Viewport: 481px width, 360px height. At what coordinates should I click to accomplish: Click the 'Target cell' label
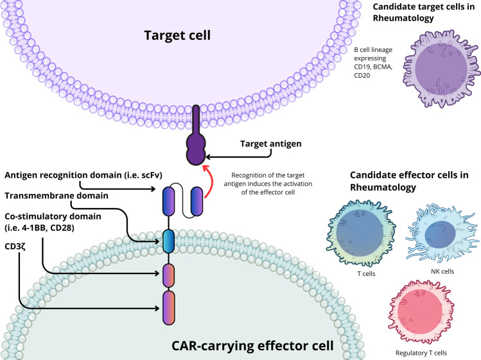177,35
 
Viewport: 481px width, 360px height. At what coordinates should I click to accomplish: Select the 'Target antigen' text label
270,144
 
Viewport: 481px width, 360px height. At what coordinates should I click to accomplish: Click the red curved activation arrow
209,180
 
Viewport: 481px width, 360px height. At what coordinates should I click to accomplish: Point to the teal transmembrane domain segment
168,241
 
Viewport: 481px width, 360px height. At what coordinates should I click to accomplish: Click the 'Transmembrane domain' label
57,196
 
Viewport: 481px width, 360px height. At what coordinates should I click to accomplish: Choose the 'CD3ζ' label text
15,246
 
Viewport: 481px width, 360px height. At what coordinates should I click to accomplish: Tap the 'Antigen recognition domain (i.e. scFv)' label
83,175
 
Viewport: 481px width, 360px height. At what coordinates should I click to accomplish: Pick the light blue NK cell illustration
442,233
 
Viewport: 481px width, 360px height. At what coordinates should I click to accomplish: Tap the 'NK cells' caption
442,271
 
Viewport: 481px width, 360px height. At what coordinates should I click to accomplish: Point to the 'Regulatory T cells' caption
421,353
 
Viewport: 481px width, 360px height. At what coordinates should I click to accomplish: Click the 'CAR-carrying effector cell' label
252,346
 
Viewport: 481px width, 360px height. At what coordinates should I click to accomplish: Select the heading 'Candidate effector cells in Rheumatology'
409,181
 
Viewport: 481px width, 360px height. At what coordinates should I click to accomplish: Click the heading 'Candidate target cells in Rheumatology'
424,12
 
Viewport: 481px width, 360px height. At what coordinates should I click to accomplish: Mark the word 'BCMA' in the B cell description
383,67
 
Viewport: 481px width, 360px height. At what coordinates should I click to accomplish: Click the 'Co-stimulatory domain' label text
53,216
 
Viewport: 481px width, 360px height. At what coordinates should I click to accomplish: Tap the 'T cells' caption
366,273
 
